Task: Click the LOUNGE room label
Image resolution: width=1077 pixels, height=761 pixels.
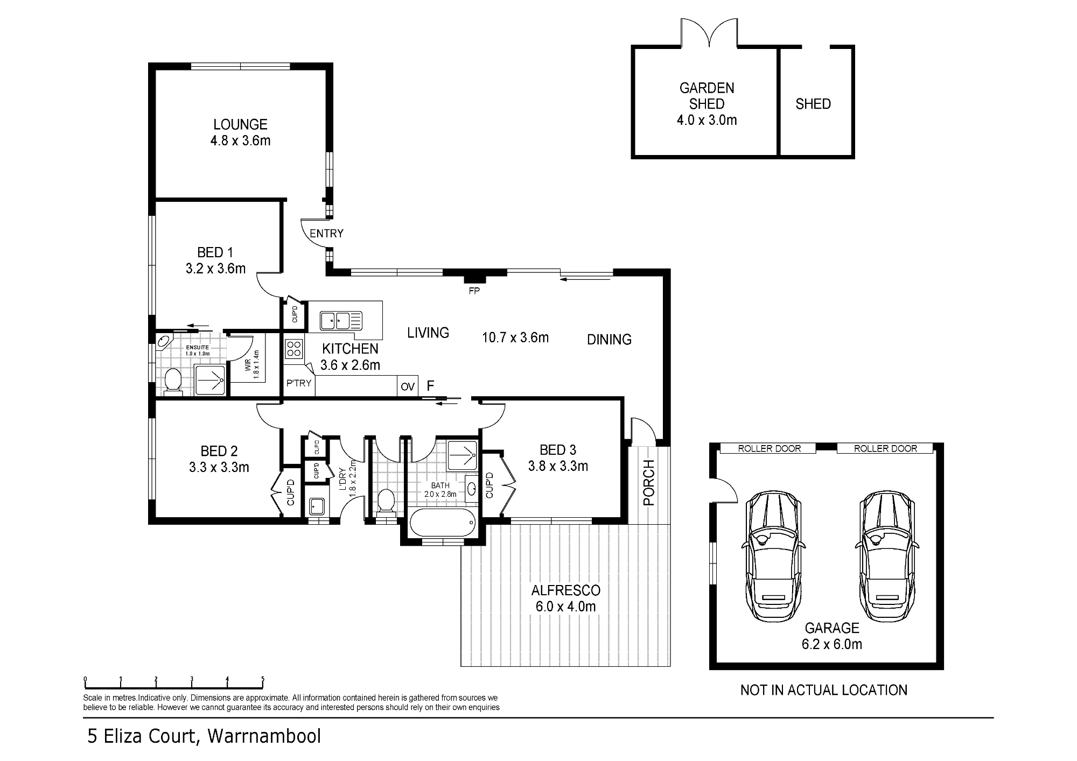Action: tap(240, 124)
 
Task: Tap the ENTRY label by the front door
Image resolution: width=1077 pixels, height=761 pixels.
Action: tap(326, 234)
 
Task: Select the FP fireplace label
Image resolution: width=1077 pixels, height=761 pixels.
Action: tap(474, 291)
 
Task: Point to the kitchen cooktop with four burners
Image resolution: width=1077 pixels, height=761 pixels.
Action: tap(294, 348)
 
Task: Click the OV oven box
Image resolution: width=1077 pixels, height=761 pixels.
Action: tap(408, 386)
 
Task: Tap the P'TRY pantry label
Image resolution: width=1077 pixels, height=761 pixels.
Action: tap(299, 384)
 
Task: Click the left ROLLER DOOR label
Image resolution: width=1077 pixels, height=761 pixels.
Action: tap(770, 448)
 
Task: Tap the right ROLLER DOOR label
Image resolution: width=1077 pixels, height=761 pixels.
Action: tap(886, 448)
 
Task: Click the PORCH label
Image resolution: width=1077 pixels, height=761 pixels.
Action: tap(649, 483)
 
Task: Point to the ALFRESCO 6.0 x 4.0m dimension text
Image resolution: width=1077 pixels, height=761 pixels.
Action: tap(565, 607)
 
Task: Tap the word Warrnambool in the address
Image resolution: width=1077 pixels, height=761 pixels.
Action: tap(264, 736)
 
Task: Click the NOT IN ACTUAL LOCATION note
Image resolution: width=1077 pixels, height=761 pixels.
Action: tap(824, 690)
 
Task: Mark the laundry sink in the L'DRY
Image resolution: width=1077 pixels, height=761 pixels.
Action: tap(316, 506)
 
